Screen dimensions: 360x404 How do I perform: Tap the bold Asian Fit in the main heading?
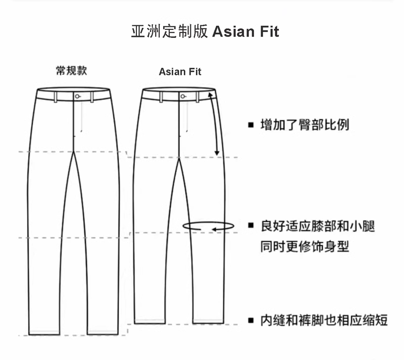click(x=245, y=31)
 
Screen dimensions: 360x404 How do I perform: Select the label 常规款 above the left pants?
click(x=71, y=71)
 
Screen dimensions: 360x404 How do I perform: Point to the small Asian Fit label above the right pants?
click(x=180, y=72)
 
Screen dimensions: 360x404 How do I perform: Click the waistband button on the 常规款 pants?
click(x=77, y=96)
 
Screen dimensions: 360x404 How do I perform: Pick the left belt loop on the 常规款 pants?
click(x=56, y=96)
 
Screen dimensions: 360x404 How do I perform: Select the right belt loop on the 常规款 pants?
click(x=92, y=96)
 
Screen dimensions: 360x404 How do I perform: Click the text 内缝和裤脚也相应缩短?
click(x=324, y=320)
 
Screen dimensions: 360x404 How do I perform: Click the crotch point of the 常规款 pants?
click(x=75, y=151)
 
